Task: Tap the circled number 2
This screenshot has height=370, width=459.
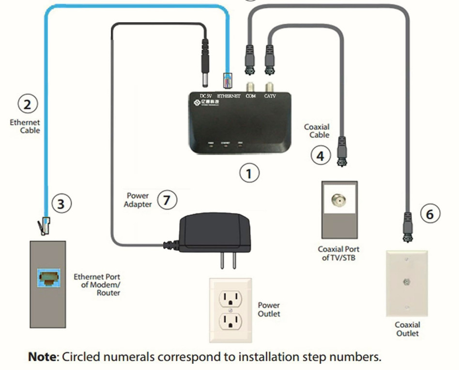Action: click(x=27, y=104)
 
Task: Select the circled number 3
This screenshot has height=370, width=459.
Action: click(x=61, y=204)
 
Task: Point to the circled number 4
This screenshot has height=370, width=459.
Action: click(x=320, y=155)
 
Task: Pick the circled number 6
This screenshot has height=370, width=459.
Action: click(x=430, y=214)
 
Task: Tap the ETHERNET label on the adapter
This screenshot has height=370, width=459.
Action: click(x=229, y=96)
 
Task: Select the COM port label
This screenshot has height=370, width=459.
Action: click(x=251, y=96)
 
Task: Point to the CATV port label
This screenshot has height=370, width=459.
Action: click(x=270, y=96)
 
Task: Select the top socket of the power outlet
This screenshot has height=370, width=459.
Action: click(x=230, y=297)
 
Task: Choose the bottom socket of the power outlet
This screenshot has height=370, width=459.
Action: click(x=230, y=321)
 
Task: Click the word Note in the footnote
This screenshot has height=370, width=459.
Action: click(x=42, y=357)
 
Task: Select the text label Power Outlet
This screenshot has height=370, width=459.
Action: click(x=269, y=309)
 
